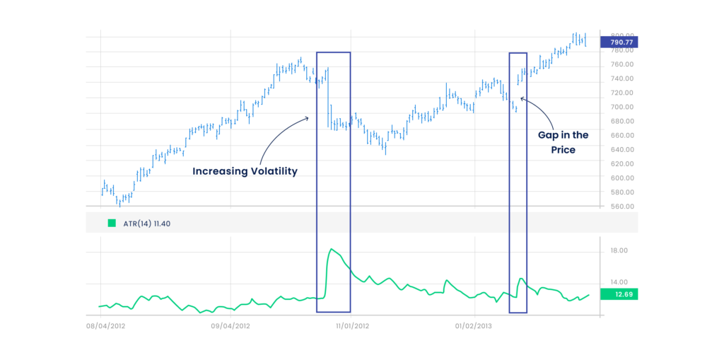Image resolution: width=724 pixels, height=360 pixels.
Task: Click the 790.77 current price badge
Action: tap(619, 42)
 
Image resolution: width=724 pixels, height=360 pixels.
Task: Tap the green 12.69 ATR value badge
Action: tap(619, 294)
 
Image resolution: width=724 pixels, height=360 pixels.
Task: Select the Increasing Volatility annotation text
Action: tap(245, 171)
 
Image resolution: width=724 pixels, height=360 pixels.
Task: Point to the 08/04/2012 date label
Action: tap(105, 326)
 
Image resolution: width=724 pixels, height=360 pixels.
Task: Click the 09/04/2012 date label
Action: tap(230, 326)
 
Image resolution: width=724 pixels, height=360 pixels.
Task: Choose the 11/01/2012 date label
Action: tap(351, 326)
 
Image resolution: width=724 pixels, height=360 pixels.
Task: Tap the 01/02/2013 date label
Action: tap(474, 326)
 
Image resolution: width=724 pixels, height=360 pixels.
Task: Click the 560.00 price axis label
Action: tap(622, 207)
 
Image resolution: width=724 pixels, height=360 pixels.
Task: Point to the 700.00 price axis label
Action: tap(622, 107)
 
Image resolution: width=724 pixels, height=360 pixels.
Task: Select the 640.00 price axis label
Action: tap(622, 150)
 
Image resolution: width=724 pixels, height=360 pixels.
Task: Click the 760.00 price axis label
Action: tap(622, 64)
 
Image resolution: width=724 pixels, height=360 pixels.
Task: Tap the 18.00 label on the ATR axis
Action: tap(619, 250)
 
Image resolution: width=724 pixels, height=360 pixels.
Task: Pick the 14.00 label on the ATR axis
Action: tap(619, 284)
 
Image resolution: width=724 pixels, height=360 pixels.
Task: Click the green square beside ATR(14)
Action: tap(112, 223)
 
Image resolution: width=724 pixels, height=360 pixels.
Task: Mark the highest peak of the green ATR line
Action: tap(331, 249)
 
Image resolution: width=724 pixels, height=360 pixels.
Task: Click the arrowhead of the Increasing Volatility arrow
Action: tap(308, 118)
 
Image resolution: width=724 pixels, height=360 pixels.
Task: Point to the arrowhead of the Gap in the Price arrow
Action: tap(521, 98)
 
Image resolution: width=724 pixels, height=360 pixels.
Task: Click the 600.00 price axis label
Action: tap(622, 178)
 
